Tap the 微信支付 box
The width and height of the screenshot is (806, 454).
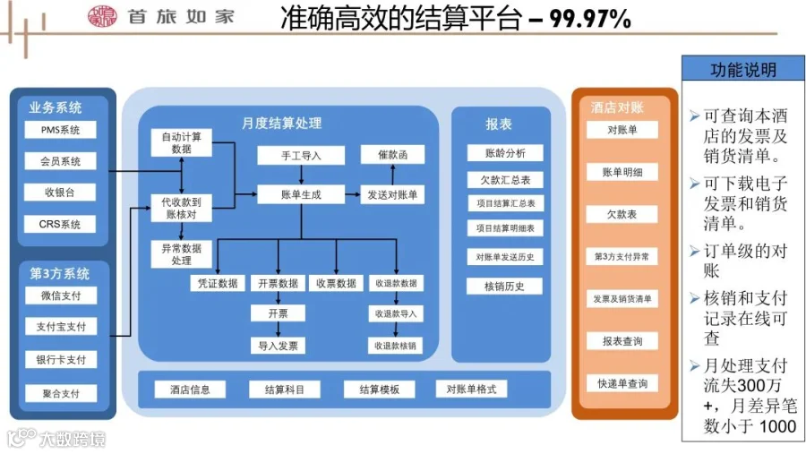60,296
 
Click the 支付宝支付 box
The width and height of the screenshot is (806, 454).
60,327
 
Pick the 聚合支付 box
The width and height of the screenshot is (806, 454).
60,393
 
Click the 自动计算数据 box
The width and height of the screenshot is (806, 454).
182,143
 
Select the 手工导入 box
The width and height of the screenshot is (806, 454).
301,156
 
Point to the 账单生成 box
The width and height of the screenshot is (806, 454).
301,194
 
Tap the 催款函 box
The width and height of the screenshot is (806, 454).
393,156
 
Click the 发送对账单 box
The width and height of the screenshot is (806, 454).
393,194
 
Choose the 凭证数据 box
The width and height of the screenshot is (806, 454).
218,283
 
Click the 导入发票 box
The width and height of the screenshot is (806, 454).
279,346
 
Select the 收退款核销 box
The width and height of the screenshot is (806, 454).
395,346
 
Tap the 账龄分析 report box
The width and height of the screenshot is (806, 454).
506,153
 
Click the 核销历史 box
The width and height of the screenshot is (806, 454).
506,287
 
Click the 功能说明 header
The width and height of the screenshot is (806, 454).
742,70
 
